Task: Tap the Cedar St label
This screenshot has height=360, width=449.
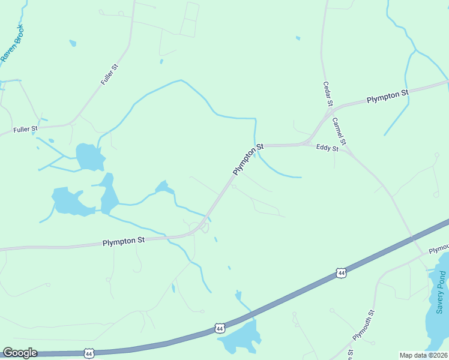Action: coord(328,94)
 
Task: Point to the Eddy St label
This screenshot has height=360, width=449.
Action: coord(327,148)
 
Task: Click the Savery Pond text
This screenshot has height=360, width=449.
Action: coord(442,293)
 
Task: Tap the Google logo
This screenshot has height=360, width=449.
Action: coord(20,353)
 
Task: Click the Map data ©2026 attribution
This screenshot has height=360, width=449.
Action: coord(423,355)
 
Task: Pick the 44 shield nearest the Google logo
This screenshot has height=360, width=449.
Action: coord(89,353)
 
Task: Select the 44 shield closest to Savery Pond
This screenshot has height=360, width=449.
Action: coord(341,273)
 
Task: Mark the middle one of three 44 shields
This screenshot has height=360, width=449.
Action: coord(220,328)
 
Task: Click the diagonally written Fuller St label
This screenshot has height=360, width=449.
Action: coord(110,74)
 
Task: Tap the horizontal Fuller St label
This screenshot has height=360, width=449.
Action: coord(26,129)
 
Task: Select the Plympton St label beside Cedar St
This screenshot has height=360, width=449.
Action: coord(388,95)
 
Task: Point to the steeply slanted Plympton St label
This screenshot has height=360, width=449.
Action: coord(249,159)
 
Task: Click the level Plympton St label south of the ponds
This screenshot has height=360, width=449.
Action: coord(124,241)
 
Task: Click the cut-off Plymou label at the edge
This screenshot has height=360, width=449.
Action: coord(439,248)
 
